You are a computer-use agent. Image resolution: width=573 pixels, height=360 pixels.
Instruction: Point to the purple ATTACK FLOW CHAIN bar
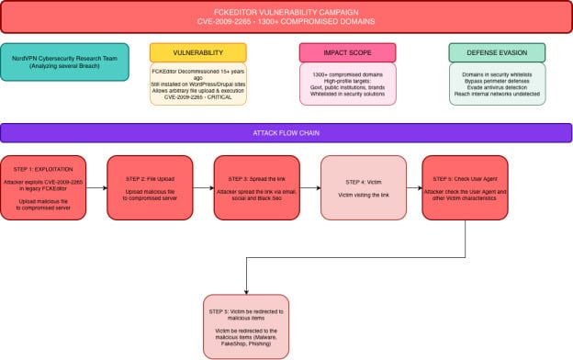(x=286, y=133)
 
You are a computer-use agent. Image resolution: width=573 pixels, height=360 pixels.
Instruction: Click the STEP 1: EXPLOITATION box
(x=44, y=187)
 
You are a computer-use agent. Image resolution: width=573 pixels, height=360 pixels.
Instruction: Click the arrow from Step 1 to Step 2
(x=96, y=187)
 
